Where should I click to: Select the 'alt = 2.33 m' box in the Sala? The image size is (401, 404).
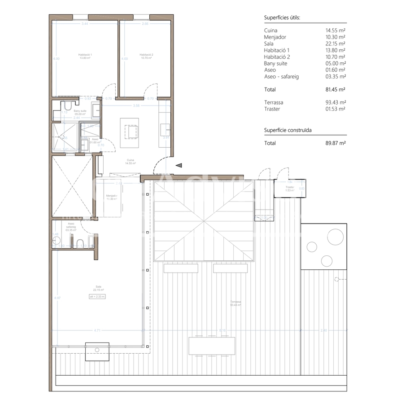(x=97, y=296)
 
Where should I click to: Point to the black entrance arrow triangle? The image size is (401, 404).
(x=179, y=166)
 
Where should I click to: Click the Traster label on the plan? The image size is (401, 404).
(x=289, y=188)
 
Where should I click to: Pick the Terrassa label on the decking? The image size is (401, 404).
(x=235, y=303)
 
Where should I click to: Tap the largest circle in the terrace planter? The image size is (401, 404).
(x=335, y=236)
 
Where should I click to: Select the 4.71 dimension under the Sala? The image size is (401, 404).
(x=96, y=330)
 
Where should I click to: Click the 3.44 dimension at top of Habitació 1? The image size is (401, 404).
(x=85, y=23)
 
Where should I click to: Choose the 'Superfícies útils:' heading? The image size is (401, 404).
(x=282, y=18)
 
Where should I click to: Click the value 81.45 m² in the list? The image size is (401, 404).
(x=335, y=89)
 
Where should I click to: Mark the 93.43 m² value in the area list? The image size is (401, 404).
(x=335, y=102)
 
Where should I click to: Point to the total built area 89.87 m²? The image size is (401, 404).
(x=335, y=143)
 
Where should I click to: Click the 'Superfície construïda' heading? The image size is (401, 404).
(x=288, y=130)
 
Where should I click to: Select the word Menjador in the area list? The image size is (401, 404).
(x=275, y=37)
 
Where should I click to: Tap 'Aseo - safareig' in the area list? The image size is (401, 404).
(x=281, y=77)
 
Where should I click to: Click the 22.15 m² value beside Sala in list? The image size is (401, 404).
(x=335, y=44)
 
